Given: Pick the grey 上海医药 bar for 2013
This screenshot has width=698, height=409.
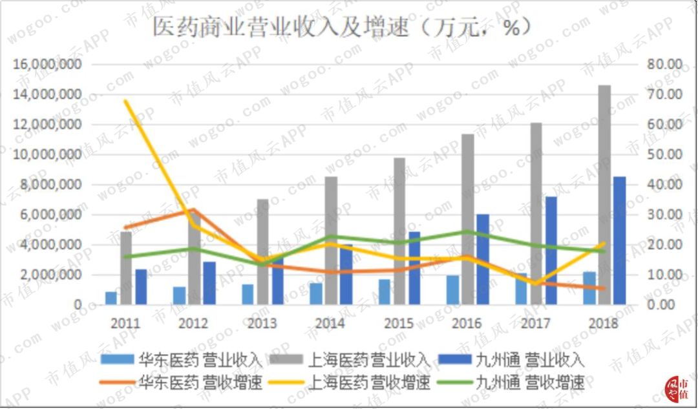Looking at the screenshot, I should pyautogui.click(x=262, y=252).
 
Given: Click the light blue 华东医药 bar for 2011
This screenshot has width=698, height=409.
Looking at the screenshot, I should pyautogui.click(x=111, y=298).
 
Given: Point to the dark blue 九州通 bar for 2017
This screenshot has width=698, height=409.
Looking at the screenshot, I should pyautogui.click(x=551, y=251).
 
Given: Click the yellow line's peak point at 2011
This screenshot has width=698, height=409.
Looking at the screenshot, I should pyautogui.click(x=126, y=101).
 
